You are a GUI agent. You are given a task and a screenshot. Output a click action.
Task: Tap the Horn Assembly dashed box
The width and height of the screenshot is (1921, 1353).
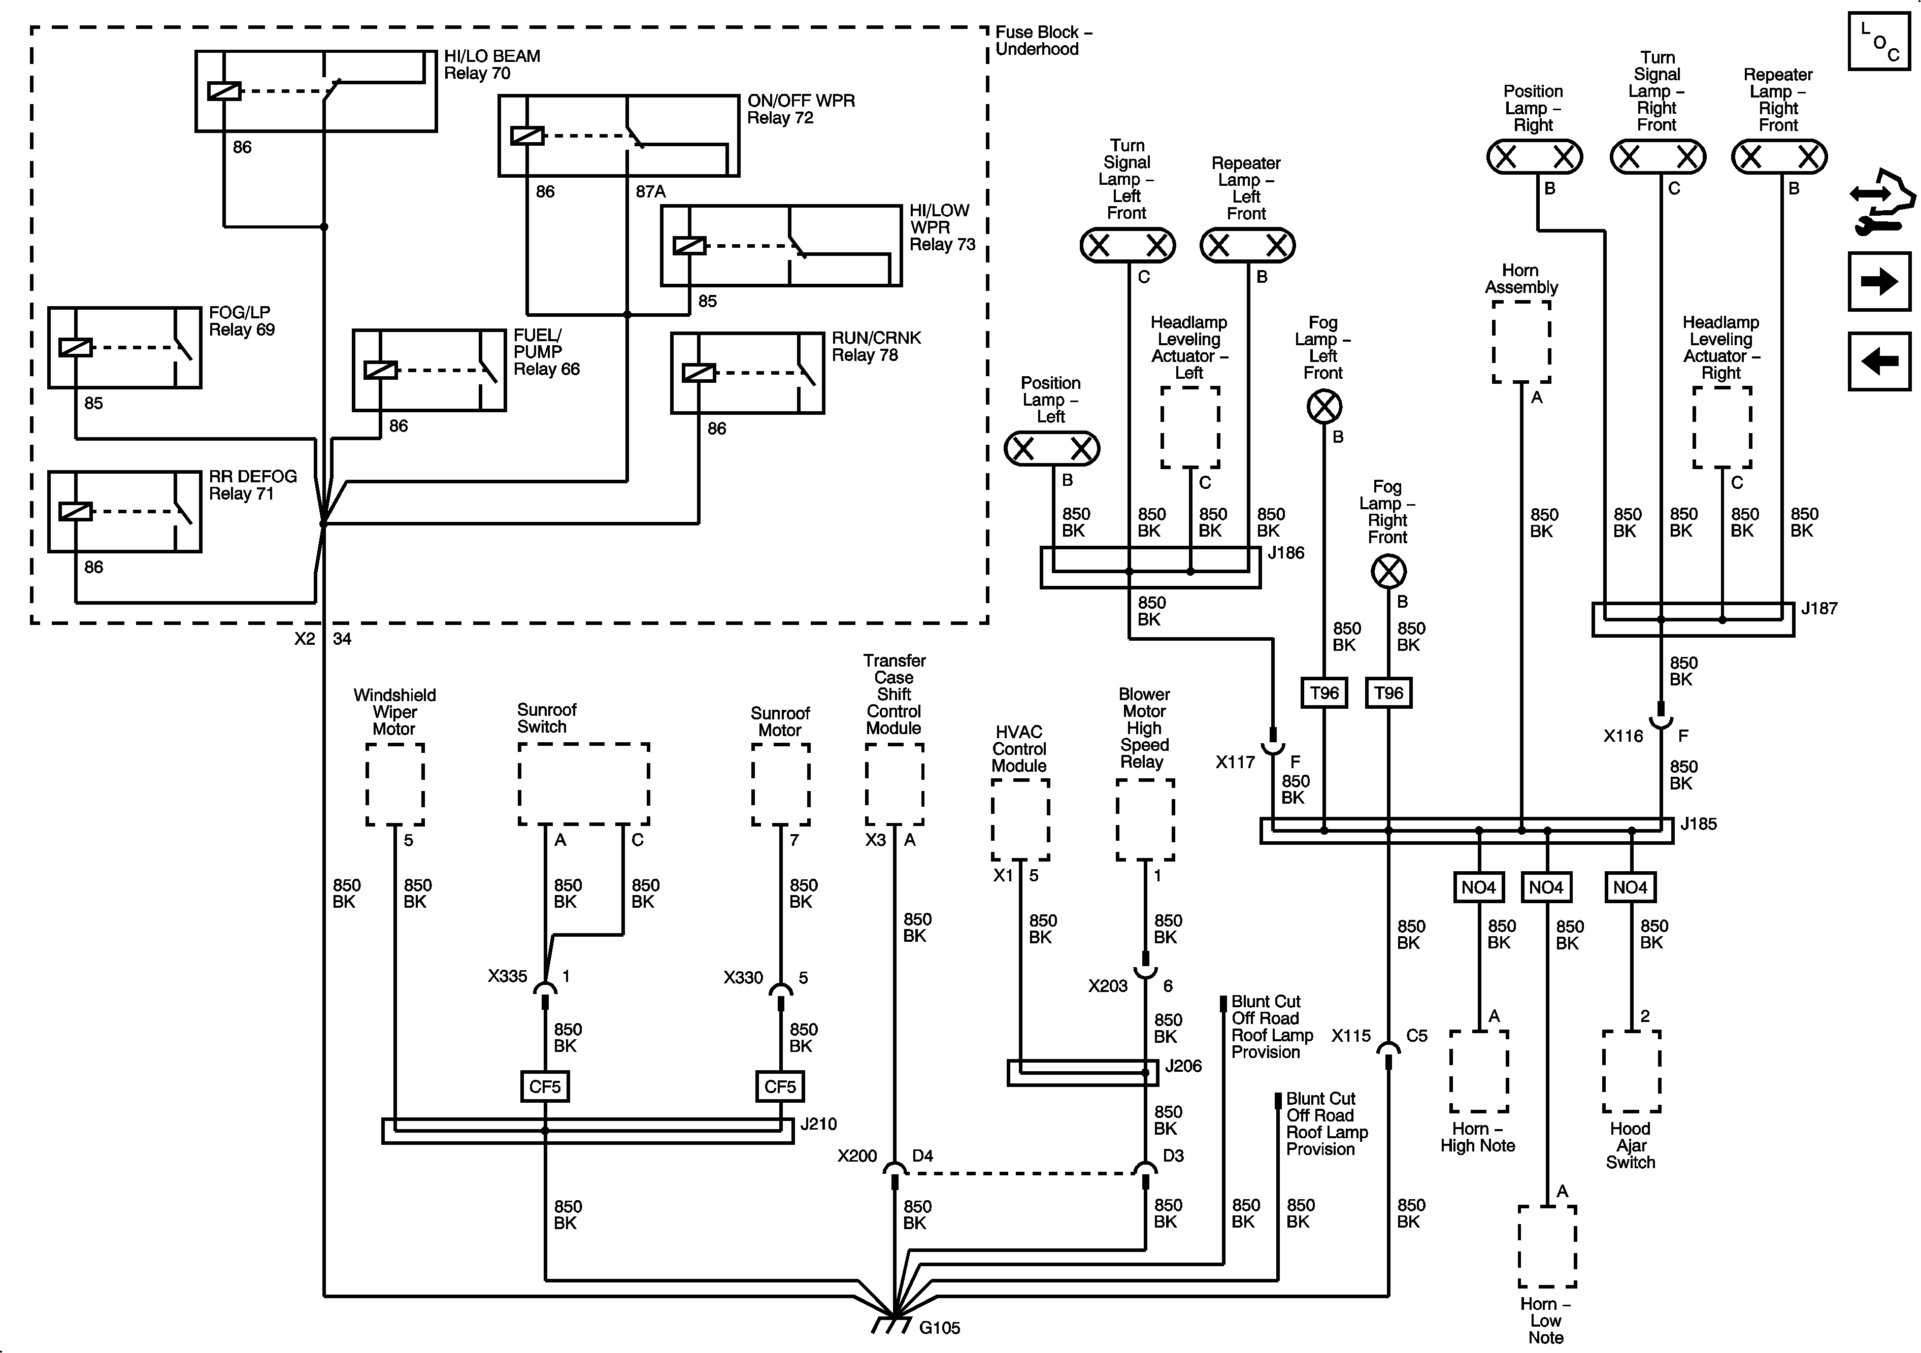pos(1521,342)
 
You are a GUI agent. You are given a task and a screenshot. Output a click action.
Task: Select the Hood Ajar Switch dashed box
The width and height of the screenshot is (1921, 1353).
pos(1631,1071)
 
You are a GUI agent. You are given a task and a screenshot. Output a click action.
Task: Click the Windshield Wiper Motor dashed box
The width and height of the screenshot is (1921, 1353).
pos(395,785)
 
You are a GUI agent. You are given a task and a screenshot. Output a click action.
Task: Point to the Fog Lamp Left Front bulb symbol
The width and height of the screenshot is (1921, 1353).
pos(1323,408)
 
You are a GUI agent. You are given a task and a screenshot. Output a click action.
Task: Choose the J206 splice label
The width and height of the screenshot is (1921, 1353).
pos(1183,1066)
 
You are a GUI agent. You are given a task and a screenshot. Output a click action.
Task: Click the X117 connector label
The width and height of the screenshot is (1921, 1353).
pos(1235,762)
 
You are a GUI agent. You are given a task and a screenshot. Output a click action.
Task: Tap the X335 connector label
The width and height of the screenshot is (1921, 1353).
pos(507,976)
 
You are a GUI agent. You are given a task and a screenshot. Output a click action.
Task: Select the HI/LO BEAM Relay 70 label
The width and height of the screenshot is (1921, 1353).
pos(491,64)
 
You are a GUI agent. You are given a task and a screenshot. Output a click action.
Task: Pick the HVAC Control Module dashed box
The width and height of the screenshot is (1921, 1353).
pos(1020,820)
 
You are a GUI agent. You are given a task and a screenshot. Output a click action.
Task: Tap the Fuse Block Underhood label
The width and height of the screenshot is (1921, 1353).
pos(1043,40)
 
